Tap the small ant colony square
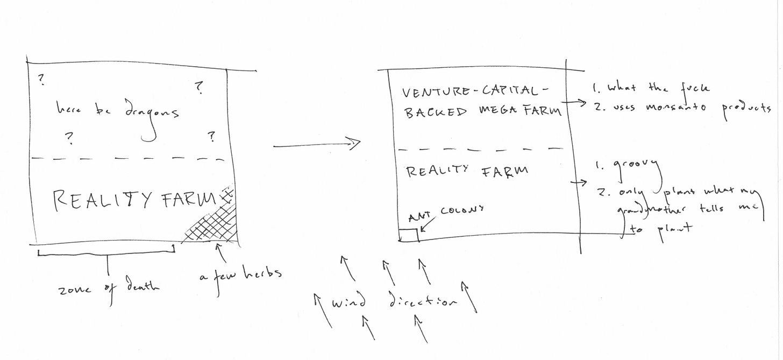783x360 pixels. [x=408, y=235]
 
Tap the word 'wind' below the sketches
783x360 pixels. [x=348, y=302]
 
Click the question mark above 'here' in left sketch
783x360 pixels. [x=41, y=80]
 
